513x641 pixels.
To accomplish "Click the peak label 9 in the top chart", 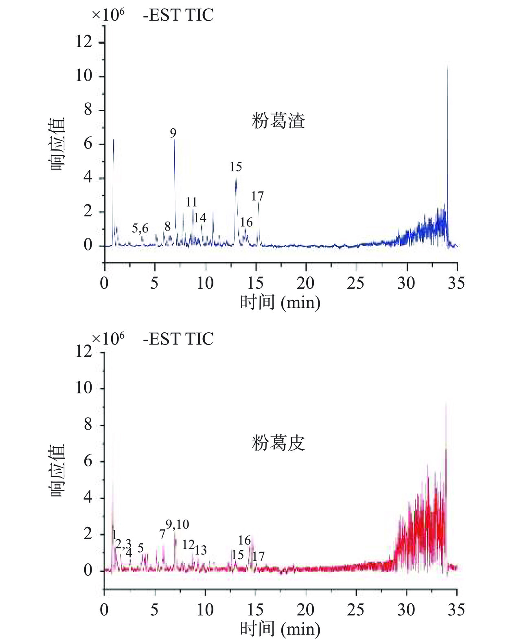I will click(173, 133).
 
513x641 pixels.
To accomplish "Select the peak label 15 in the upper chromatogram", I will click(236, 167).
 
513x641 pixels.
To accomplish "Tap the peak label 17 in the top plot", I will click(257, 196).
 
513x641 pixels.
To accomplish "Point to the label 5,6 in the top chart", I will click(140, 228).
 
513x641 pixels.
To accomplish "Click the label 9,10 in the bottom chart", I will click(178, 525).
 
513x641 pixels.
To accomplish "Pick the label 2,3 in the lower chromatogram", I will click(123, 544).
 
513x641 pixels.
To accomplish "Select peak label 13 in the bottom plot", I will click(201, 550).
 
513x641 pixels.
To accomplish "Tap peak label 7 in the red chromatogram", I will click(162, 534).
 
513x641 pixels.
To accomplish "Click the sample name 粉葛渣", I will click(278, 121).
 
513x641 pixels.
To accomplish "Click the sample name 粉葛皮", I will click(278, 443).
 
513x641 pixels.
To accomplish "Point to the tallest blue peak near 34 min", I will click(447, 69).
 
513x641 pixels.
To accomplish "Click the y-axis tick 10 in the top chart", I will click(84, 76).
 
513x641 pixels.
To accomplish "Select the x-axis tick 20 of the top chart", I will click(305, 283).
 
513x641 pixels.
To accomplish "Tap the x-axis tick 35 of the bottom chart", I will click(456, 610).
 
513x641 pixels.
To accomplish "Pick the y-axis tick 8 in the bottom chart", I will click(88, 425).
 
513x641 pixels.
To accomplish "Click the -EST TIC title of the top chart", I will click(178, 15).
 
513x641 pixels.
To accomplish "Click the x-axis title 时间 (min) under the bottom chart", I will click(280, 629).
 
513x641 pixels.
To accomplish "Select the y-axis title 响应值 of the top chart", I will click(57, 144).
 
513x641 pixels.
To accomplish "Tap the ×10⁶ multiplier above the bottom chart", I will click(108, 338).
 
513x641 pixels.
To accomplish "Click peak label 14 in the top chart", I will click(200, 218).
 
